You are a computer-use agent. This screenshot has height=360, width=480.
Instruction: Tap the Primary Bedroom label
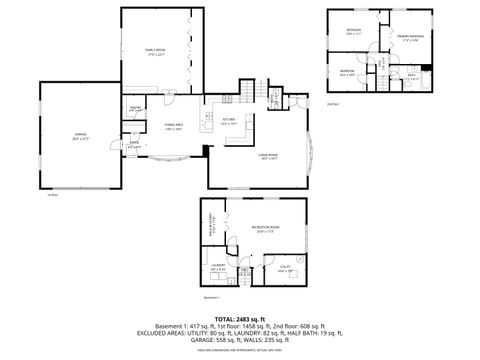409,38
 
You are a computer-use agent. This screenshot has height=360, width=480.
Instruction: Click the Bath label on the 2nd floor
412,75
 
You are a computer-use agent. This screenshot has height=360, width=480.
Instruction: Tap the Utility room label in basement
283,266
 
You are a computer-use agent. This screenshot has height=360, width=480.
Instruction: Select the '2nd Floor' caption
332,103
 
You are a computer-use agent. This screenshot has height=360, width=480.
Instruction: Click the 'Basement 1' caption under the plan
210,297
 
